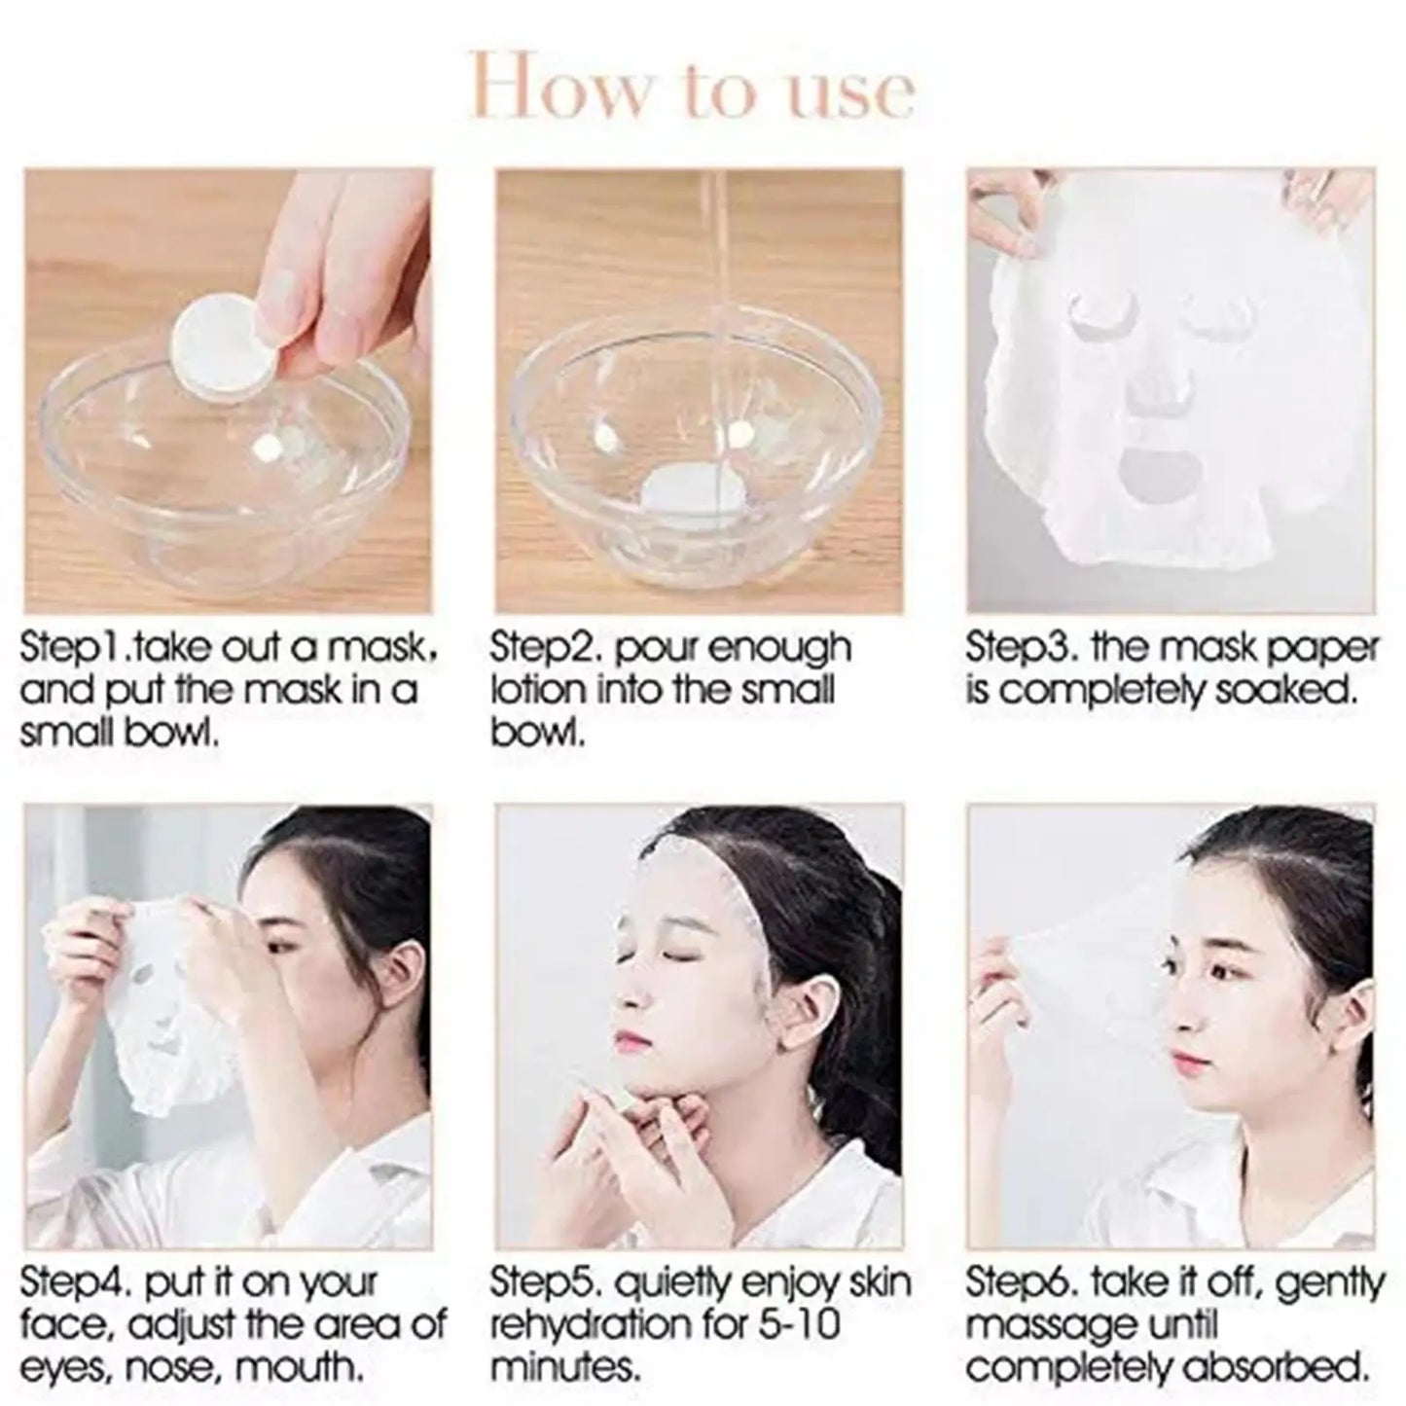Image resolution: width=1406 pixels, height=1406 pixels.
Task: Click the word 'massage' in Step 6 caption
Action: coord(1051,1325)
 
